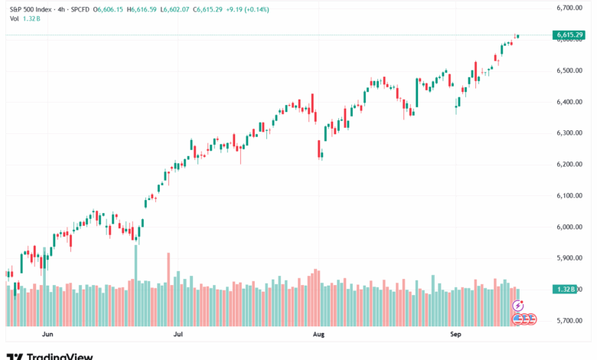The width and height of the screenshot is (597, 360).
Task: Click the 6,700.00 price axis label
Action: click(570, 8)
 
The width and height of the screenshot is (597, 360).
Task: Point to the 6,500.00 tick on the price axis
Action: click(570, 70)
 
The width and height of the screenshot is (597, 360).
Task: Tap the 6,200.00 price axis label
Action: click(570, 165)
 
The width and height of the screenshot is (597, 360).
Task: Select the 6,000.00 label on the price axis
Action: click(570, 227)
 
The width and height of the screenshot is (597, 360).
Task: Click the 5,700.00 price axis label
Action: click(570, 321)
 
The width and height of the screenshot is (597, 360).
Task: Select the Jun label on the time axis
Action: click(47, 335)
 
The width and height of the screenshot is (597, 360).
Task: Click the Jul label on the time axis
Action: click(179, 335)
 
